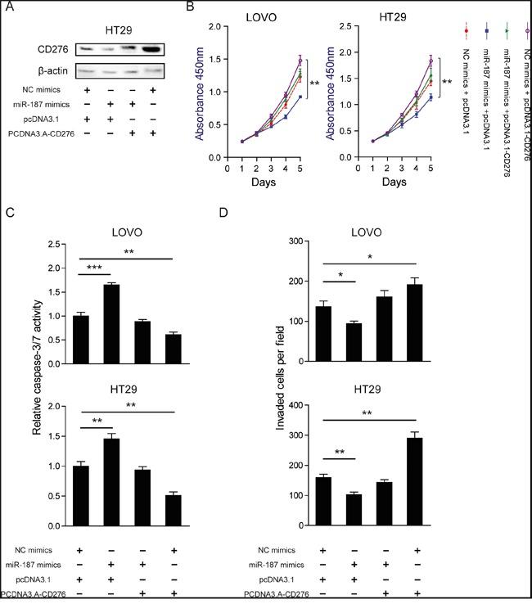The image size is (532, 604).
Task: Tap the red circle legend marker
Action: click(465, 30)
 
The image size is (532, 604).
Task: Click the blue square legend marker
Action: click(486, 30)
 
